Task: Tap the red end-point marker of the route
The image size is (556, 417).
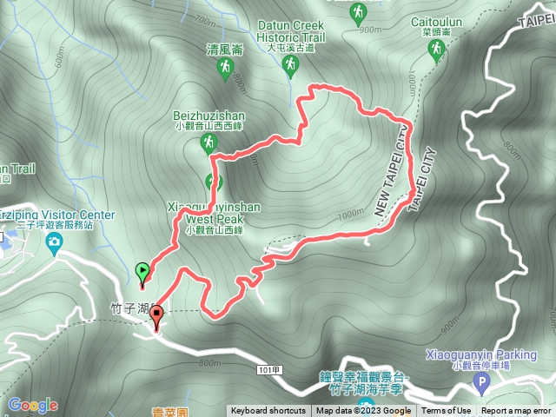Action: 156,319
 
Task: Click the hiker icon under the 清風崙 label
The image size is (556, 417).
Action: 226,69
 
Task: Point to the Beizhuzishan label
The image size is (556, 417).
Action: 209,116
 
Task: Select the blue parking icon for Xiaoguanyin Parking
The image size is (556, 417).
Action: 481,381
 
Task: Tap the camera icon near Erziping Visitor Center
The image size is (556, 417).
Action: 54,240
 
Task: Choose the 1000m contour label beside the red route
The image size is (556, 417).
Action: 350,215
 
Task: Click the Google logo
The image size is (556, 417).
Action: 32,405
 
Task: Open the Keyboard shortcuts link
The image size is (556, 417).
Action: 268,411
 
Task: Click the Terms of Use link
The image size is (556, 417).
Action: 447,411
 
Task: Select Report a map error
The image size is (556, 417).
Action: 516,411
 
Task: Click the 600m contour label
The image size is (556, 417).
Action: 59,56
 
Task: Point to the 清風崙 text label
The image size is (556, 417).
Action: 225,50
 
